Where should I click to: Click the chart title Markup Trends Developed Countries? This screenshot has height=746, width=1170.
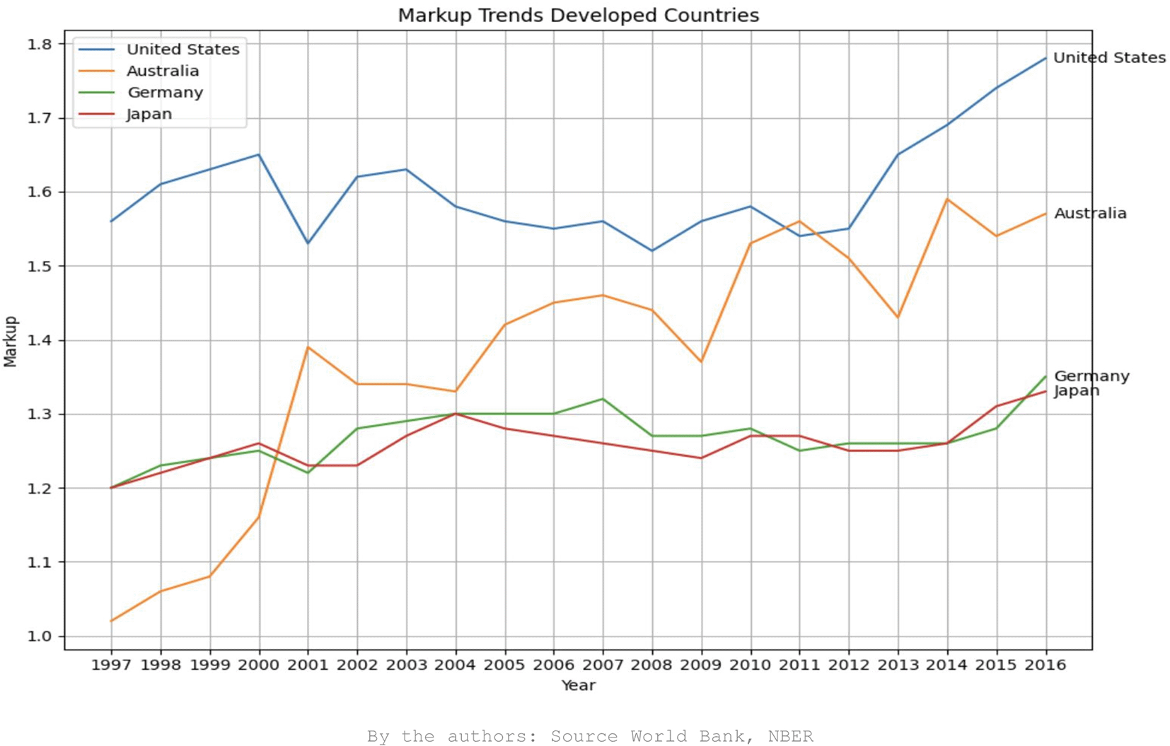point(578,15)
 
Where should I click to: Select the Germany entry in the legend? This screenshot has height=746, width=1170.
point(165,93)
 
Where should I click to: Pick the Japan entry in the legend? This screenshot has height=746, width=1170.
point(149,115)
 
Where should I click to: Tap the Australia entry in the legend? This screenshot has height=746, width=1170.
point(163,71)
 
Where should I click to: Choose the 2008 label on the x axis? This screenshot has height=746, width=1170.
point(651,665)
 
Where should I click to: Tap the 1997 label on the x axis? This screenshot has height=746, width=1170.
point(111,665)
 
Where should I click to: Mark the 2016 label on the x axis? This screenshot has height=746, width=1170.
point(1046,665)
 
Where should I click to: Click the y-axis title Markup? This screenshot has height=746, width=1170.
point(10,342)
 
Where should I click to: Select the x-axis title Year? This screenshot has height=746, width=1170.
point(578,685)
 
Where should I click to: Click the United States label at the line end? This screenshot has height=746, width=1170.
point(1109,58)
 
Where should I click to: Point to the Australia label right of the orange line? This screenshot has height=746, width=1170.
point(1090,214)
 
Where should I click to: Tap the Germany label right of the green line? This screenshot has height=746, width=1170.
point(1091,376)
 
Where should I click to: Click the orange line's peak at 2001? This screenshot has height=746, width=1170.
point(308,347)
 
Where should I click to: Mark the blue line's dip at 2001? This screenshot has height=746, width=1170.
point(308,243)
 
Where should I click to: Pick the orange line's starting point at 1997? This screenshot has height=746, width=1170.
point(111,621)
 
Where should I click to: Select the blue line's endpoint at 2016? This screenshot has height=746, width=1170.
point(1046,58)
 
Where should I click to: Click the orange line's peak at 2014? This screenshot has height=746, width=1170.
point(947,199)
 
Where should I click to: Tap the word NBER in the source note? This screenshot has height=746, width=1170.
point(790,736)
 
